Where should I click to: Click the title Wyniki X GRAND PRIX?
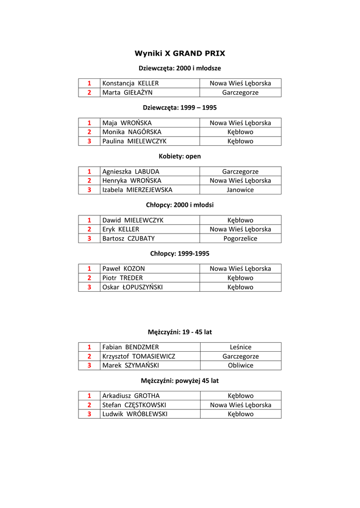[180, 53]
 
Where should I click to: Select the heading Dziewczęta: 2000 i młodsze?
[180, 68]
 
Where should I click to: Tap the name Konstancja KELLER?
[131, 83]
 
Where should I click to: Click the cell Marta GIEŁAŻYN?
[128, 92]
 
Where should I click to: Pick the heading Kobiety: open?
[180, 156]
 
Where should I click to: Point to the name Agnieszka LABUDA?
[131, 171]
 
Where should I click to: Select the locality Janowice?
[240, 190]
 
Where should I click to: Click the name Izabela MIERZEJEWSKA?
[137, 190]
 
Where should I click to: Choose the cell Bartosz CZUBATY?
[129, 238]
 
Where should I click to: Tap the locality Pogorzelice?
[240, 238]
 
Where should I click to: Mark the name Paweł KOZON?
[124, 268]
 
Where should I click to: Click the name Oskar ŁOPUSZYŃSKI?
[133, 287]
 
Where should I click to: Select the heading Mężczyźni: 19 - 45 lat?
[180, 332]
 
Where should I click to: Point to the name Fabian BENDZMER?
[131, 347]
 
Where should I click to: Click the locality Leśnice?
[240, 347]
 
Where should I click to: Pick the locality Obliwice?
[240, 365]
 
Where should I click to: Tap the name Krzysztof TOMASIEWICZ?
[139, 356]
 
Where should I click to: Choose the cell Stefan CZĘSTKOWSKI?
[134, 405]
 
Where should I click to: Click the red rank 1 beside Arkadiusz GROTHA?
[89, 396]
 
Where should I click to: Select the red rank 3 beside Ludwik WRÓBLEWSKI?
[89, 414]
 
